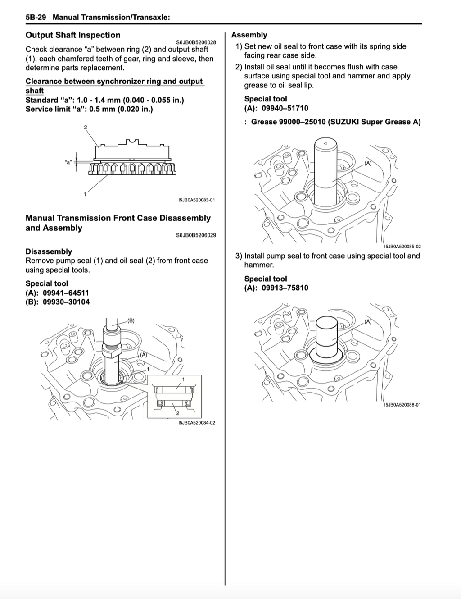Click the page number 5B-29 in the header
point(36,18)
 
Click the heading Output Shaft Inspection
point(73,35)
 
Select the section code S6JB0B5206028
point(196,42)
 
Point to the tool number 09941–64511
point(66,293)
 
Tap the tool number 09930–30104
point(66,302)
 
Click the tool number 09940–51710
point(285,108)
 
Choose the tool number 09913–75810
point(285,288)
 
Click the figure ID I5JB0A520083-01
point(196,200)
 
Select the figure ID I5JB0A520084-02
point(196,423)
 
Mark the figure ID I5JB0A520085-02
point(402,247)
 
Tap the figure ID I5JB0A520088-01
point(402,405)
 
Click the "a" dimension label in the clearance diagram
point(68,162)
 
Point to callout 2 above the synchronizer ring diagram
point(86,128)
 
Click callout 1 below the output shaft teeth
point(85,194)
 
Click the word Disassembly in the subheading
point(49,251)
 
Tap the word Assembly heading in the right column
point(249,35)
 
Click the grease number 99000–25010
point(302,122)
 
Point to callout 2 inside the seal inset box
point(178,413)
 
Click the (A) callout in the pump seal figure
point(368,321)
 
